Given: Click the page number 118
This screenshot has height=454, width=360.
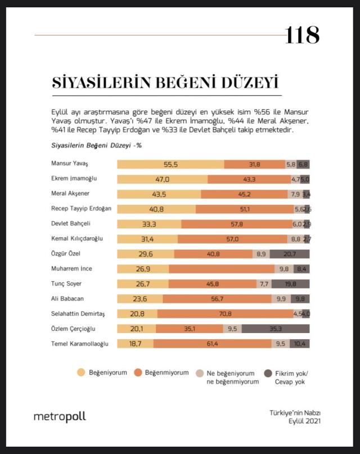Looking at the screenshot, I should pyautogui.click(x=302, y=35).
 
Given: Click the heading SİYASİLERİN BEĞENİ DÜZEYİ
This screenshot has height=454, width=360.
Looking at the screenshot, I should pyautogui.click(x=165, y=83).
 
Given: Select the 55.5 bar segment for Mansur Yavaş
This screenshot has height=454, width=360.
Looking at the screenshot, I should pyautogui.click(x=170, y=164).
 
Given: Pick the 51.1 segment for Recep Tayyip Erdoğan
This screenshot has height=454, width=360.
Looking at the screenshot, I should pyautogui.click(x=244, y=209).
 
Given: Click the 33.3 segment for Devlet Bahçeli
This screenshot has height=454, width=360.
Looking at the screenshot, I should pyautogui.click(x=149, y=223).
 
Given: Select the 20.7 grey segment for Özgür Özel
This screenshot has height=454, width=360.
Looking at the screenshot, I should pyautogui.click(x=290, y=254).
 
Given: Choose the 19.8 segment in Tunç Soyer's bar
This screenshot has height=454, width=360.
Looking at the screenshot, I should pyautogui.click(x=290, y=284).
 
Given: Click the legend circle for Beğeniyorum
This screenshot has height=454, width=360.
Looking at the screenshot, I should pyautogui.click(x=80, y=372).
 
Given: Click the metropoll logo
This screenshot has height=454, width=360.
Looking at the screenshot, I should pyautogui.click(x=60, y=417).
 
